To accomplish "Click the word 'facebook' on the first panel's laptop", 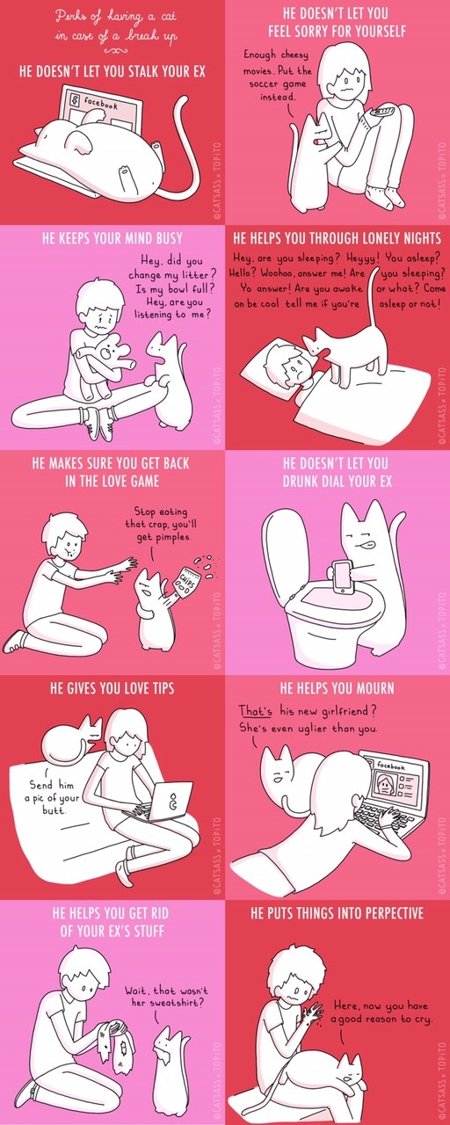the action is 100,104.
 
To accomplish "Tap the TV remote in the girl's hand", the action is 382,112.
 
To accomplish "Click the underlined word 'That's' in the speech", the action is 255,711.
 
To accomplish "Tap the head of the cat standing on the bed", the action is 316,343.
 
